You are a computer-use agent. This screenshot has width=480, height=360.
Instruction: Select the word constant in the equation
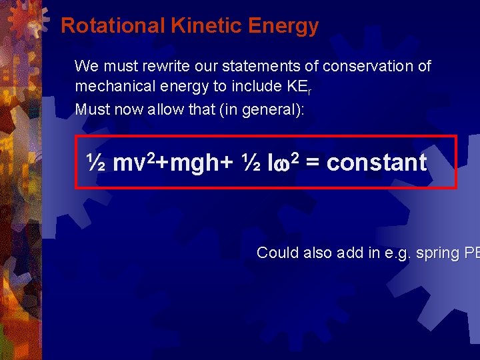point(377,163)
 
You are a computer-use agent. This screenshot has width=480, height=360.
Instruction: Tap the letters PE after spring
point(472,253)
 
